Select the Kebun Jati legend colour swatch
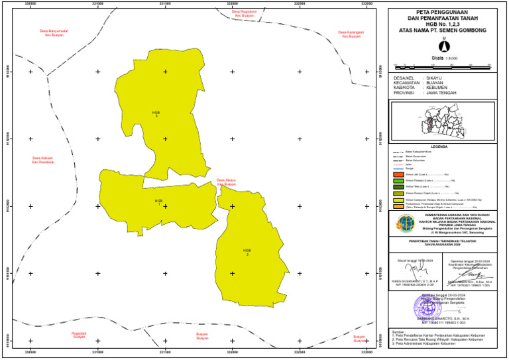399,174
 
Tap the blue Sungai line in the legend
399,168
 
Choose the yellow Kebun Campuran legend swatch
399,200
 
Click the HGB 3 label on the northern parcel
156,114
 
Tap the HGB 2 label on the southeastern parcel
247,252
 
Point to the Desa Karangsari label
351,34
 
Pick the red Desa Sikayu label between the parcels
226,182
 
